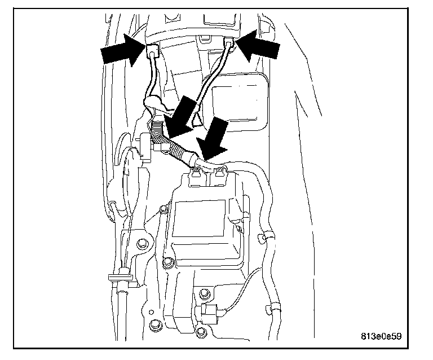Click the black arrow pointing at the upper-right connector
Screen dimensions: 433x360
(258, 48)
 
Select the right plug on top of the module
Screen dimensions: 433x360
(216, 178)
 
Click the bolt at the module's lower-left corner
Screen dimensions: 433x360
(167, 264)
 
